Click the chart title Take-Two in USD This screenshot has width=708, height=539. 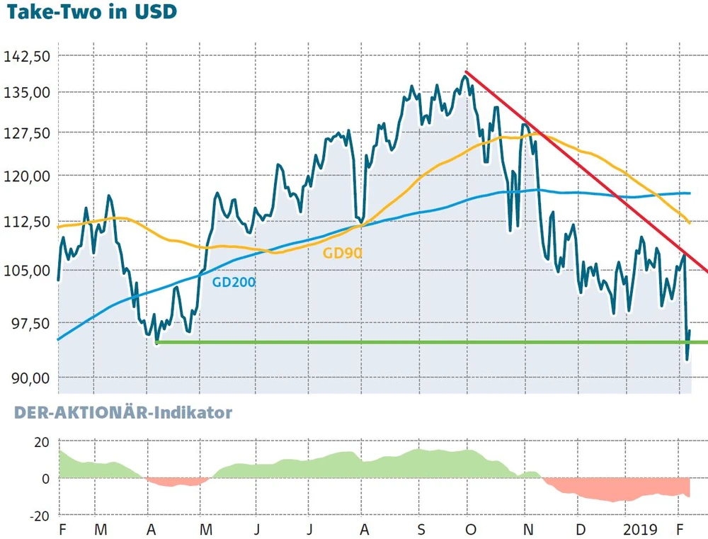coord(91,13)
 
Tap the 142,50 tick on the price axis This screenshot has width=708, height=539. coord(28,56)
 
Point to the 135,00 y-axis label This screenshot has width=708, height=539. coord(28,92)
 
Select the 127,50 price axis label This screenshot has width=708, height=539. coord(28,133)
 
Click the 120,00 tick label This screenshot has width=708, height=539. coord(28,176)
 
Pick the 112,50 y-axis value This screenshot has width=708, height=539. coord(28,222)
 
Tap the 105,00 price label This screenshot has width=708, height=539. coord(28,270)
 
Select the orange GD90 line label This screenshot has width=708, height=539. coord(342,253)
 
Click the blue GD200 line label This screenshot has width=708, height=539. coord(234,282)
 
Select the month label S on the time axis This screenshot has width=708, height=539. coord(420,529)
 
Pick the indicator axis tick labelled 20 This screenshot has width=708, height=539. coord(42,443)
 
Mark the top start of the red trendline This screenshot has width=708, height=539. coord(465,72)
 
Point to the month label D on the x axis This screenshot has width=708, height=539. coord(580,529)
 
